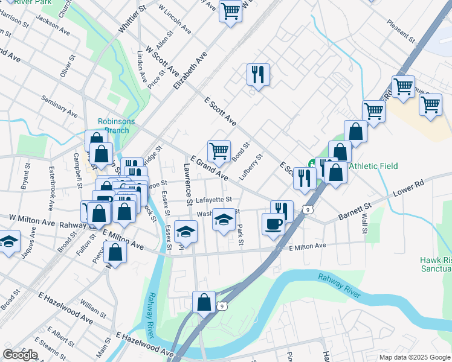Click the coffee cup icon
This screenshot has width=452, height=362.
click(x=273, y=224)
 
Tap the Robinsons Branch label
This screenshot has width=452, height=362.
click(x=117, y=125)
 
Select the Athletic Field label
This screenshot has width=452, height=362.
click(x=373, y=166)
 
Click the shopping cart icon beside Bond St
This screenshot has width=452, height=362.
click(x=218, y=150)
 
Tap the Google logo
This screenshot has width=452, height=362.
click(x=20, y=355)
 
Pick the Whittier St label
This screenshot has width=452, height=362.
click(x=133, y=19)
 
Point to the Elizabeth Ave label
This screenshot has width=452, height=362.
click(x=190, y=70)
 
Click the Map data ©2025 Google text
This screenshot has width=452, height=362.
click(x=414, y=357)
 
